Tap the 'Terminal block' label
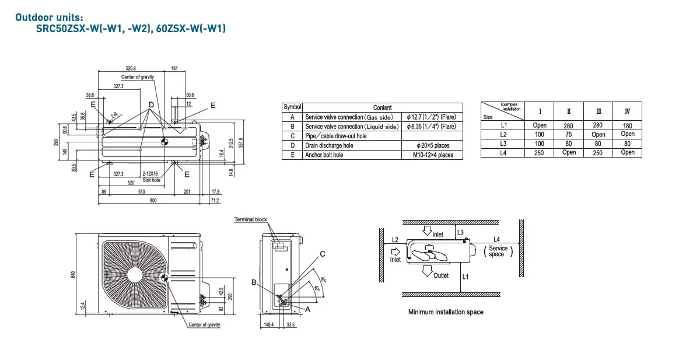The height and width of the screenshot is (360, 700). click(251, 219)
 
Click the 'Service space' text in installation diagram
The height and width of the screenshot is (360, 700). click(498, 251)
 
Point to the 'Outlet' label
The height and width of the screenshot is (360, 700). click(441, 275)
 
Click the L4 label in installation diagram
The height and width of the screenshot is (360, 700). click(496, 239)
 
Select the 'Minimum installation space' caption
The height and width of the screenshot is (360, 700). click(446, 312)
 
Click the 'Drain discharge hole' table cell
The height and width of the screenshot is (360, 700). click(329, 145)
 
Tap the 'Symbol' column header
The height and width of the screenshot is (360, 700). click(292, 107)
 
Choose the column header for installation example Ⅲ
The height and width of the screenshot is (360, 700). click(598, 111)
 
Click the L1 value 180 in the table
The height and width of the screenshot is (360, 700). click(628, 125)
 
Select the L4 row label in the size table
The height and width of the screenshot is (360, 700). click(503, 152)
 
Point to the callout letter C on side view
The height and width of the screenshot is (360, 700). click(323, 254)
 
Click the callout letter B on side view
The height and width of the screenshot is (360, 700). click(254, 282)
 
